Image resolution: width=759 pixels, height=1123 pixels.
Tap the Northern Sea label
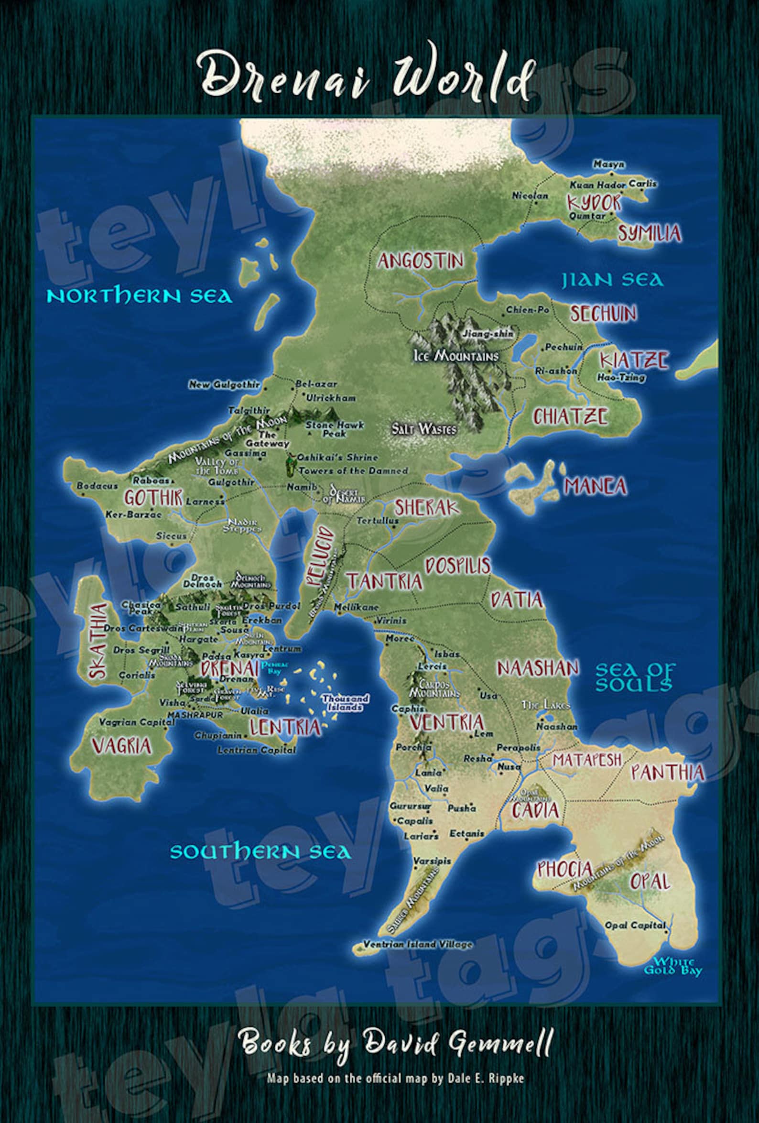coord(140,296)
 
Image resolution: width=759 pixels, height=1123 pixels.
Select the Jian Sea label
coord(612,280)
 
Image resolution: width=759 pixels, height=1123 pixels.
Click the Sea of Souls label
coord(635,676)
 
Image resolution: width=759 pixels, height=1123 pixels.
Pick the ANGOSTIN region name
coord(420,262)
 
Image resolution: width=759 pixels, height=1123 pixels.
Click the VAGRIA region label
coord(122,746)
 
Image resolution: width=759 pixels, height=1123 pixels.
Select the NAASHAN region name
coord(538,668)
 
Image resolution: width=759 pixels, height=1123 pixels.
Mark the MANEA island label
coord(595,486)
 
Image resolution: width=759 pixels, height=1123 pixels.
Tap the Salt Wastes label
coord(423,429)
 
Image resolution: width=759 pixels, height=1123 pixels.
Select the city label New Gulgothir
coord(224,385)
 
